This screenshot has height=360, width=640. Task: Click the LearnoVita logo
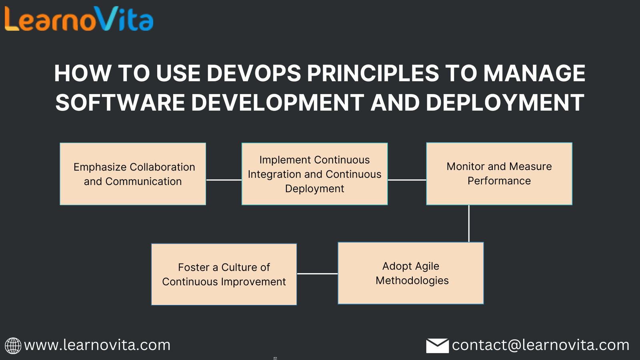[79, 19]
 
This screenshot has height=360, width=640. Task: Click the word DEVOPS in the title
[254, 73]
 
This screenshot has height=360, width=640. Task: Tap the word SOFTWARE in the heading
[120, 102]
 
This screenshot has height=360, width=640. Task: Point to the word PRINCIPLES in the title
[373, 73]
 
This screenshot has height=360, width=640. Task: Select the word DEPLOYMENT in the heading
[505, 102]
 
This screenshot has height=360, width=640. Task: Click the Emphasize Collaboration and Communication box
[133, 174]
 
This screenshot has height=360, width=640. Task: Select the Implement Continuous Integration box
[314, 174]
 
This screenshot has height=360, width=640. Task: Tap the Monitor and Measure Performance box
[499, 174]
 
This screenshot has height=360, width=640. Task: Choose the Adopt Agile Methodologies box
[411, 273]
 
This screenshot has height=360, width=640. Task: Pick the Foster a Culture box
[224, 274]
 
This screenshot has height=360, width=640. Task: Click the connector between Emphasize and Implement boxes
[224, 180]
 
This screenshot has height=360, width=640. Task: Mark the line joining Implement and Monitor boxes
[407, 180]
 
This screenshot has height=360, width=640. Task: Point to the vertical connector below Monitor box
[469, 224]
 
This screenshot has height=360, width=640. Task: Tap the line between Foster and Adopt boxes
[318, 274]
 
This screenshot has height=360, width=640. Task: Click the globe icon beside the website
[13, 346]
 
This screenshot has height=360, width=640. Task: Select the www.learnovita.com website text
[97, 345]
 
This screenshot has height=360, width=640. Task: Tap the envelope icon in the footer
[437, 346]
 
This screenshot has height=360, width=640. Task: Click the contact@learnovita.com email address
[540, 345]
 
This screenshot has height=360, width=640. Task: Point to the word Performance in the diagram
[499, 181]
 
